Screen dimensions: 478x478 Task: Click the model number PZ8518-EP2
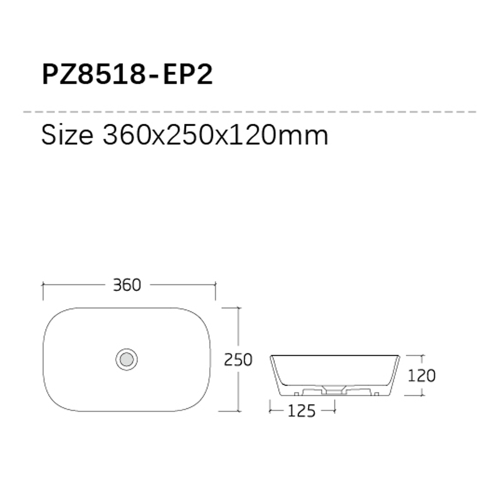point(127,75)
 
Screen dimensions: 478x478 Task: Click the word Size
point(67,135)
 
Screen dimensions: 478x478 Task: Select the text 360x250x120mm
point(215,135)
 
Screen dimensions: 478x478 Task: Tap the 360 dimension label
point(127,285)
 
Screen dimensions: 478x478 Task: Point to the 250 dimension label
point(238,359)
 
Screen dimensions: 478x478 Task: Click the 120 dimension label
point(422,376)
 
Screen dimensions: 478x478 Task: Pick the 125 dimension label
point(302,411)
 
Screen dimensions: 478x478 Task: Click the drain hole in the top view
point(127,359)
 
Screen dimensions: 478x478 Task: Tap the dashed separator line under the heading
point(250,112)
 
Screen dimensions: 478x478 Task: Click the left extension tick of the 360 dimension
point(43,291)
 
